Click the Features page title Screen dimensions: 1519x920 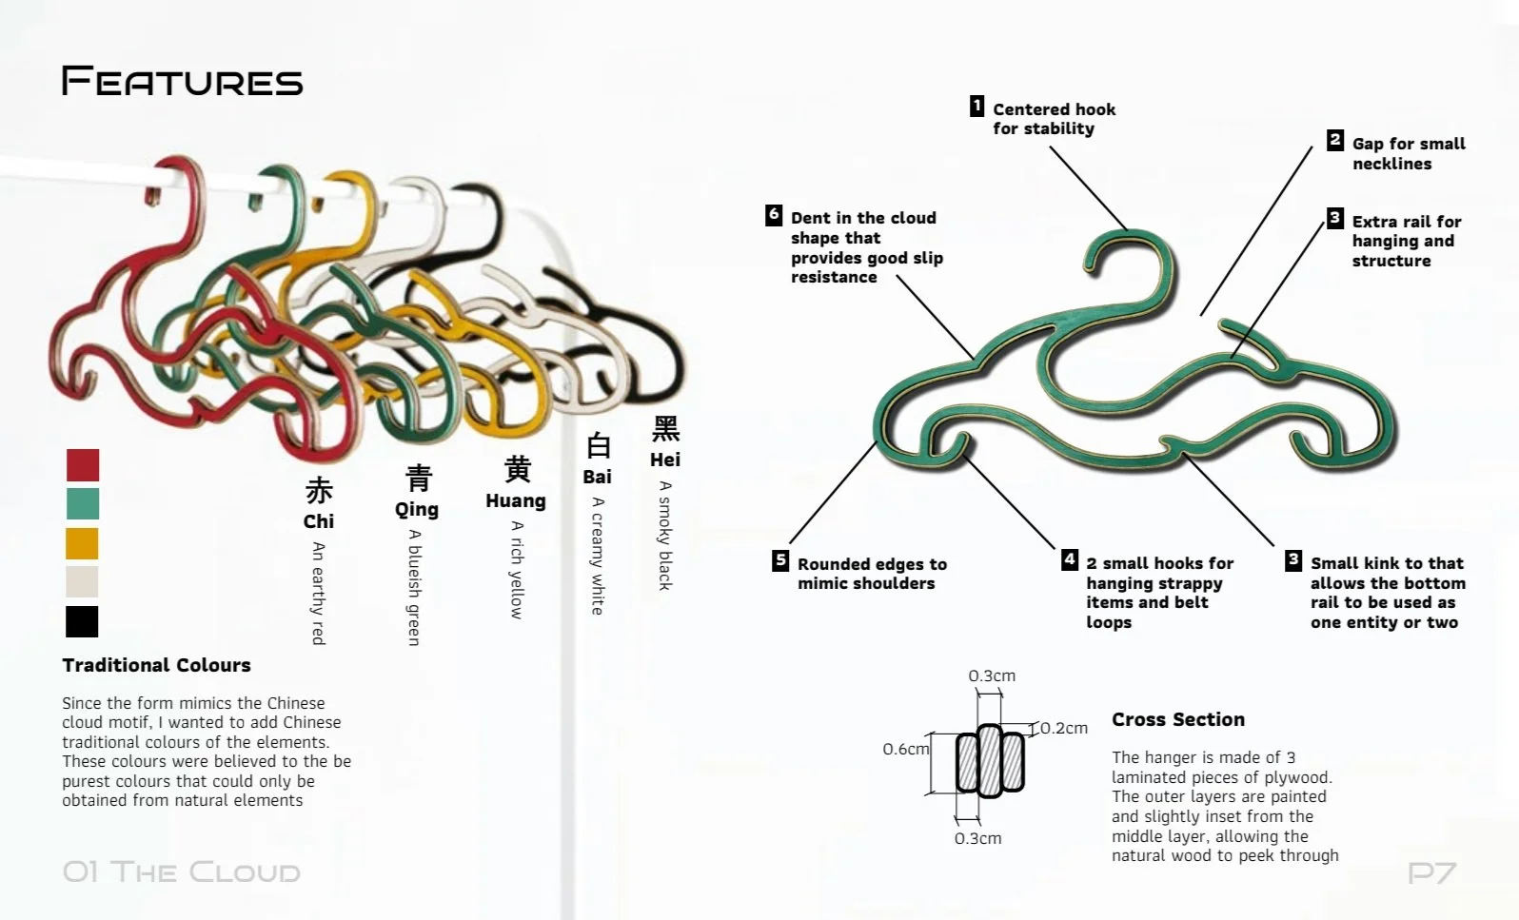click(182, 81)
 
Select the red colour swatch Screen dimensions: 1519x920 click(83, 465)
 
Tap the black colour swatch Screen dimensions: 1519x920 click(82, 621)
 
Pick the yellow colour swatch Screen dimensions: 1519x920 click(82, 543)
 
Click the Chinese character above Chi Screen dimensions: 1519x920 click(319, 491)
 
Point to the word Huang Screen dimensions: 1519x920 click(516, 500)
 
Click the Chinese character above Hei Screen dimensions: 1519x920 click(665, 429)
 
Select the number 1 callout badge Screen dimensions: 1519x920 click(976, 106)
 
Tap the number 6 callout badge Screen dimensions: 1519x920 click(774, 215)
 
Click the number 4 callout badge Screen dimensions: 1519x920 click(1070, 559)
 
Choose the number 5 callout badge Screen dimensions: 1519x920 click(780, 560)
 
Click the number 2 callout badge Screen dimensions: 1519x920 click(1335, 140)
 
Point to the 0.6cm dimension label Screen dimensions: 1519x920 click(905, 750)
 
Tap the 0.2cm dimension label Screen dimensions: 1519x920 click(1063, 728)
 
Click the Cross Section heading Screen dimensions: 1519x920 click(1178, 719)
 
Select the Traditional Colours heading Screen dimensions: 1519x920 click(156, 665)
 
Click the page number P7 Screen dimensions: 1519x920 click(1432, 871)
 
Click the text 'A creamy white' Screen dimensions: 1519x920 click(598, 556)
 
